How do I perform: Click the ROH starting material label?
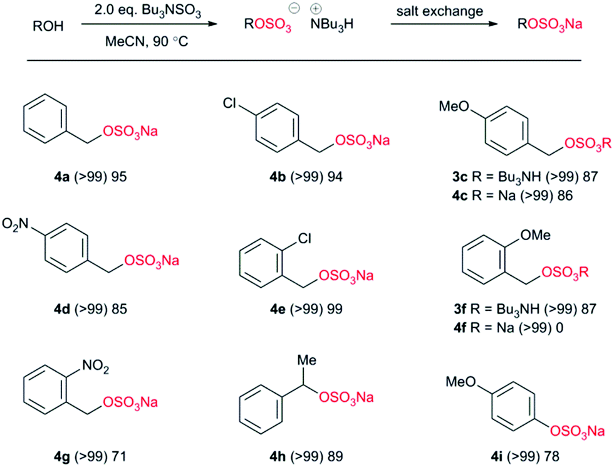point(47,28)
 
